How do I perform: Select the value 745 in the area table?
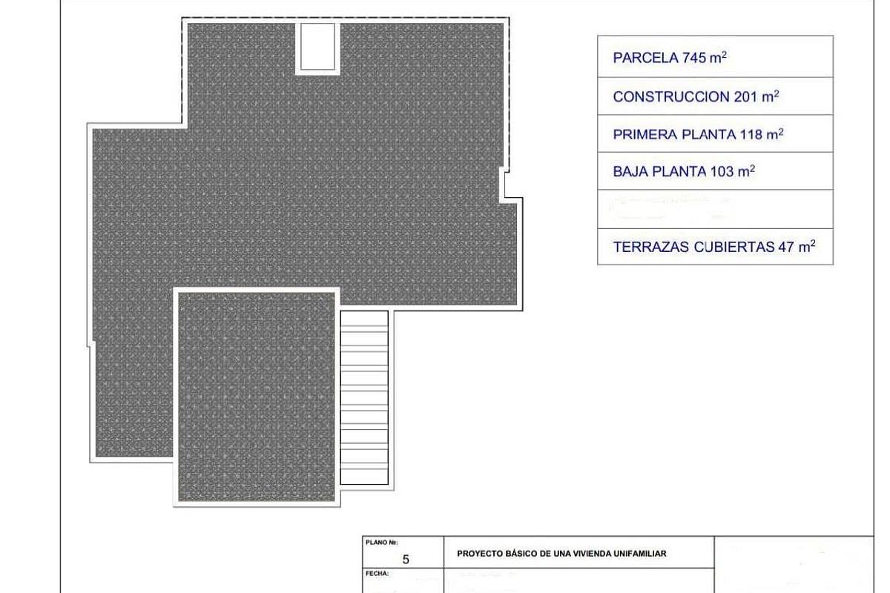click(694, 59)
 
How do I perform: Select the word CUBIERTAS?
click(734, 248)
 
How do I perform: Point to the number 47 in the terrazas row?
click(786, 248)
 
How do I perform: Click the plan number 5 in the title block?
click(405, 560)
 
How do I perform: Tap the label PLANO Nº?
click(382, 543)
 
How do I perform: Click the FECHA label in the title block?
click(379, 574)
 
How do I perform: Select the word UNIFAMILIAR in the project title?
click(636, 554)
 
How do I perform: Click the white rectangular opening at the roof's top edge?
click(317, 47)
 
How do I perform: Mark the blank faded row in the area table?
click(715, 209)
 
